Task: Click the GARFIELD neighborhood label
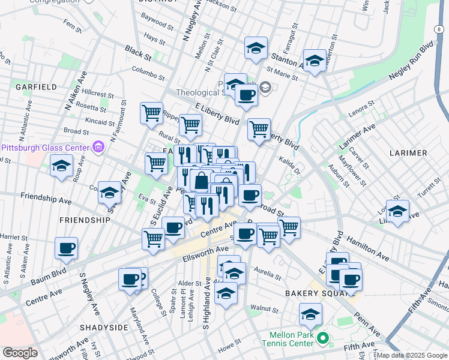click(x=36, y=87)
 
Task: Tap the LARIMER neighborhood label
click(x=407, y=153)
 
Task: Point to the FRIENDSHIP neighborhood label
click(x=85, y=220)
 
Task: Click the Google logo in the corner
click(x=20, y=353)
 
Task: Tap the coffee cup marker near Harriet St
click(x=66, y=247)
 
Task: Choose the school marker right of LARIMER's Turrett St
click(x=397, y=211)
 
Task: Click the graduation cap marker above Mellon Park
click(x=310, y=314)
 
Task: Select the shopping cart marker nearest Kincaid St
click(x=151, y=112)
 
